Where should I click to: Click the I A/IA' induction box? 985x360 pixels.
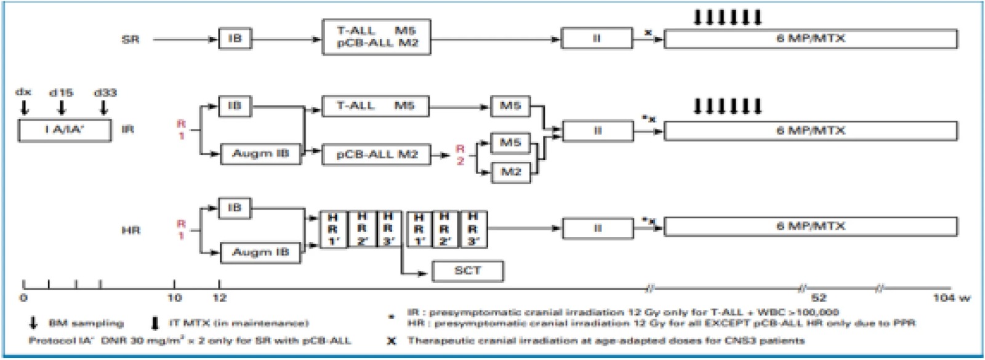pos(65,130)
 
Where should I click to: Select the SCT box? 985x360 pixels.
pos(467,271)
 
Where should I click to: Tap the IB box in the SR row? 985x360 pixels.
pos(235,39)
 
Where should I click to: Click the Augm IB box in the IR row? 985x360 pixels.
pos(260,154)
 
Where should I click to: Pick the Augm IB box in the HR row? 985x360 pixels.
pos(260,252)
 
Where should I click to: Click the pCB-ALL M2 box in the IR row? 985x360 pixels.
pos(376,154)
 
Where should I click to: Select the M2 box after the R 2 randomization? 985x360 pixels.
pos(510,172)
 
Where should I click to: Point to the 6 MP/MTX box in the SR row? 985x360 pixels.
pos(810,39)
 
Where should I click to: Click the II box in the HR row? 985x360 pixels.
pos(597,228)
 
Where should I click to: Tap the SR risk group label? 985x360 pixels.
pos(131,39)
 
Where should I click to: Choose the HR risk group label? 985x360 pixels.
pos(131,230)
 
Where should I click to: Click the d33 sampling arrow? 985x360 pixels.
pos(103,108)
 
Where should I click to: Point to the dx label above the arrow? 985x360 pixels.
pos(23,92)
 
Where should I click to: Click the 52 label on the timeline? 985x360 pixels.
pos(819,298)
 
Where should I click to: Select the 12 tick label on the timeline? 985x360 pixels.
pos(220,298)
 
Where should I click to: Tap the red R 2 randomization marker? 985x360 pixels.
pos(459,154)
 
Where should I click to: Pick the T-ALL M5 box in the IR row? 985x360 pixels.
pos(376,106)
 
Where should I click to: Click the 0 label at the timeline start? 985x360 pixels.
pos(23,298)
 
